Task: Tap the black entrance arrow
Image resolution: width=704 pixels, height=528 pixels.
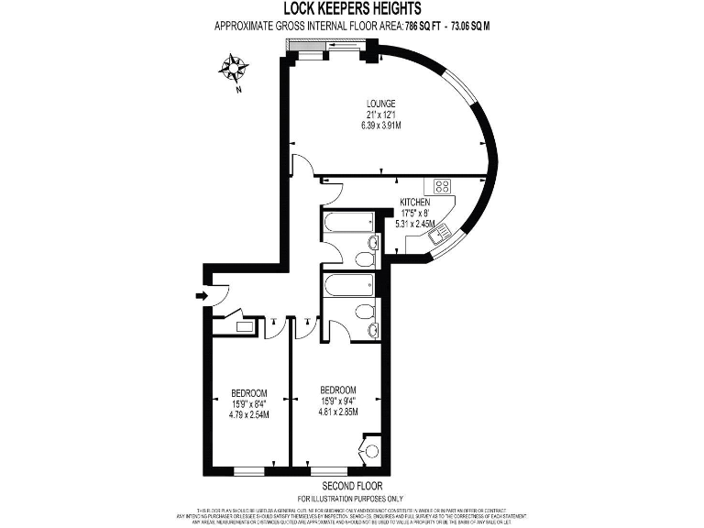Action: click(x=201, y=295)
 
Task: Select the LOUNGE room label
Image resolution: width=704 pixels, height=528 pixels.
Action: click(x=380, y=104)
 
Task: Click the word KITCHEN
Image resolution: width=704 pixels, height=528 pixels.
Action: click(x=414, y=202)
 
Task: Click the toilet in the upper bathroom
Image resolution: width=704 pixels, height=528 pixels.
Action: click(x=372, y=243)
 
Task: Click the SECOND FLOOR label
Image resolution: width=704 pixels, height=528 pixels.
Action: click(x=353, y=486)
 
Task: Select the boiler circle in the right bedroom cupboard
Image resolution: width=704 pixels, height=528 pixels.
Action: click(x=371, y=450)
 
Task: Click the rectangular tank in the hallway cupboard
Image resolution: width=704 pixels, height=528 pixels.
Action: click(x=245, y=325)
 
